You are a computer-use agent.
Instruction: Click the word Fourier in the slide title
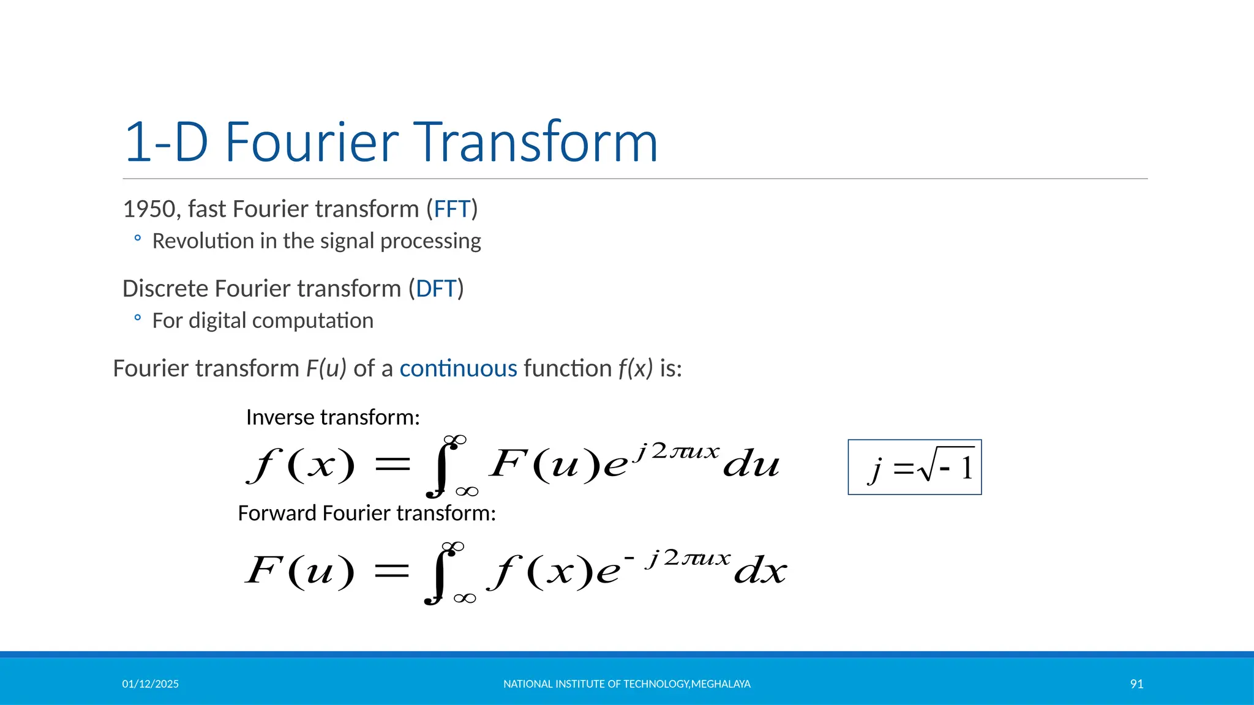point(312,142)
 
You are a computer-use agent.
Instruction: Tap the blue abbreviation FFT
point(452,209)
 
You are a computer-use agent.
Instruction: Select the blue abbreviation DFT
point(436,289)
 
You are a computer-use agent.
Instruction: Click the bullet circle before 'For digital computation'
point(138,318)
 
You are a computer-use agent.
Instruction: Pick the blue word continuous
point(458,368)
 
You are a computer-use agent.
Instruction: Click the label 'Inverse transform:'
point(332,417)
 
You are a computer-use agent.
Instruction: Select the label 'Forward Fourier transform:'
point(366,513)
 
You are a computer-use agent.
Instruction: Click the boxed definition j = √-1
point(914,468)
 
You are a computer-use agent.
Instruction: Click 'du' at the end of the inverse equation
point(751,465)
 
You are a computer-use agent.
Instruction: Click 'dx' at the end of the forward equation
point(760,572)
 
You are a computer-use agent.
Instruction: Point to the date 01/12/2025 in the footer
point(150,684)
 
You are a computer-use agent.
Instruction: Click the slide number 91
point(1136,684)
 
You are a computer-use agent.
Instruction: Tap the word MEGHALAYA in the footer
point(721,684)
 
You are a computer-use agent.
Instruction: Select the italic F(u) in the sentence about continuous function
point(326,368)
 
